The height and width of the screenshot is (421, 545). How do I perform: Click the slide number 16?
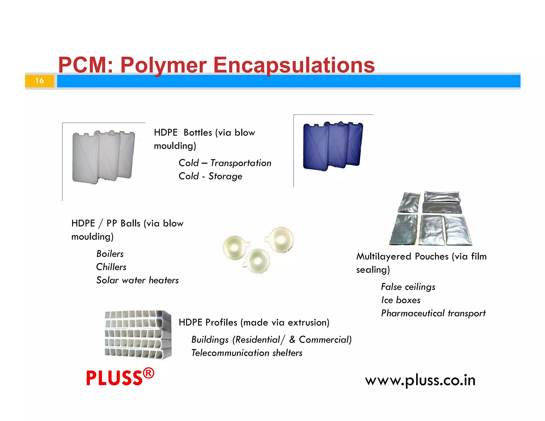coord(40,81)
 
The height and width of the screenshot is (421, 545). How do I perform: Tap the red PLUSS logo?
coord(114,378)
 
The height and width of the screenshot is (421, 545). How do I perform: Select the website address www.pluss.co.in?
coord(420,380)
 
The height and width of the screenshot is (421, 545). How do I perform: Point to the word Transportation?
coord(241,163)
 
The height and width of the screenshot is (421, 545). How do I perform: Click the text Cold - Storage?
coord(210,176)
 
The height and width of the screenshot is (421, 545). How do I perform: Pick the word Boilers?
coord(110,254)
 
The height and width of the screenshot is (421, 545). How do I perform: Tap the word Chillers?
coord(111,267)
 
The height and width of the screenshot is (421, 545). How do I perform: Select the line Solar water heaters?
coord(137,280)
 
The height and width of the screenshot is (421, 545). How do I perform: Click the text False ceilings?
coord(408,287)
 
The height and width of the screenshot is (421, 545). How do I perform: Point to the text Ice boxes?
coord(401,300)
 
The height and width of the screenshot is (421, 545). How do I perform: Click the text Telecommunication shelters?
coord(247,353)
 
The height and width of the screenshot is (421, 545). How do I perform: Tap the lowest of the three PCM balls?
coord(257,261)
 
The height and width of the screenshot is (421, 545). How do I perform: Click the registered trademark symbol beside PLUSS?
coord(148,373)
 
